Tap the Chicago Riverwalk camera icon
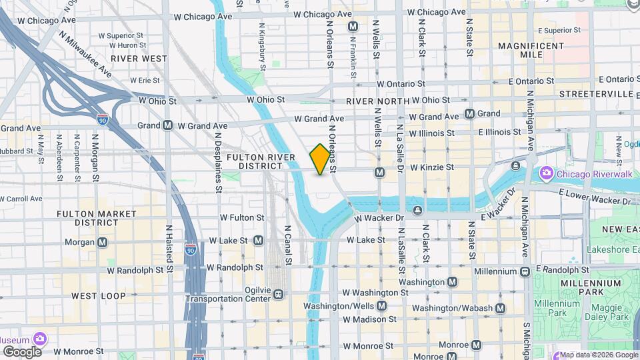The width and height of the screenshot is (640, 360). [x=546, y=173]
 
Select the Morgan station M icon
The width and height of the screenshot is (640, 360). [x=103, y=242]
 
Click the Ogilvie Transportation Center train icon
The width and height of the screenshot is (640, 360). [x=278, y=294]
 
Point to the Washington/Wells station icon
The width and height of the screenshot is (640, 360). [x=381, y=306]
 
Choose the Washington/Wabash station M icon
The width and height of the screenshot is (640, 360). [x=500, y=308]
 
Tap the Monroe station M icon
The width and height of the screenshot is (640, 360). [x=476, y=345]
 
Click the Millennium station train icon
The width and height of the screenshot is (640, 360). [x=525, y=271]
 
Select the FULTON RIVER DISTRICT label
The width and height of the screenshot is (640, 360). [x=261, y=161]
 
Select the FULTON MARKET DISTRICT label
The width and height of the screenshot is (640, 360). [x=97, y=218]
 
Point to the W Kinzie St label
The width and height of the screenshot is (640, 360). [x=432, y=167]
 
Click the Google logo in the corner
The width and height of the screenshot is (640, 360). [x=22, y=351]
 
